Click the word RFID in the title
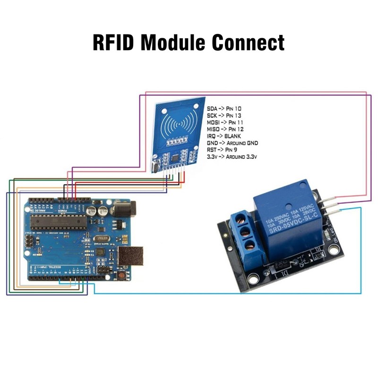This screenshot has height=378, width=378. [113, 42]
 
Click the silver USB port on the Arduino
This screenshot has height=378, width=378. [132, 255]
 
